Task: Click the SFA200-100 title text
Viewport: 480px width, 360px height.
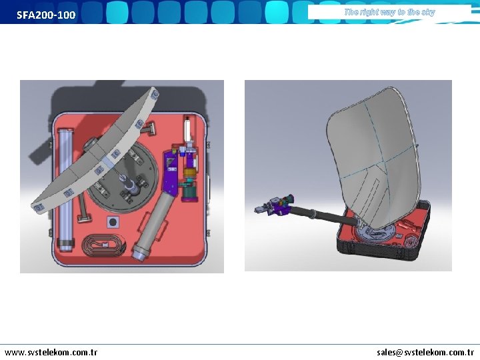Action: pyautogui.click(x=46, y=15)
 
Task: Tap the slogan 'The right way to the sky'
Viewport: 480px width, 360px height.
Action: pyautogui.click(x=390, y=12)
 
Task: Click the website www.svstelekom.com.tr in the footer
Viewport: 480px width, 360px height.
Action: pyautogui.click(x=51, y=353)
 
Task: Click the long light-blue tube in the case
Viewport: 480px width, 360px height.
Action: pyautogui.click(x=66, y=190)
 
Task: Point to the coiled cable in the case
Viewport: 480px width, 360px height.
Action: pyautogui.click(x=103, y=245)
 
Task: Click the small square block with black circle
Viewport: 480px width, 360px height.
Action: pyautogui.click(x=113, y=222)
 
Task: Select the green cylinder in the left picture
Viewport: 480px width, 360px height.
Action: pyautogui.click(x=190, y=193)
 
